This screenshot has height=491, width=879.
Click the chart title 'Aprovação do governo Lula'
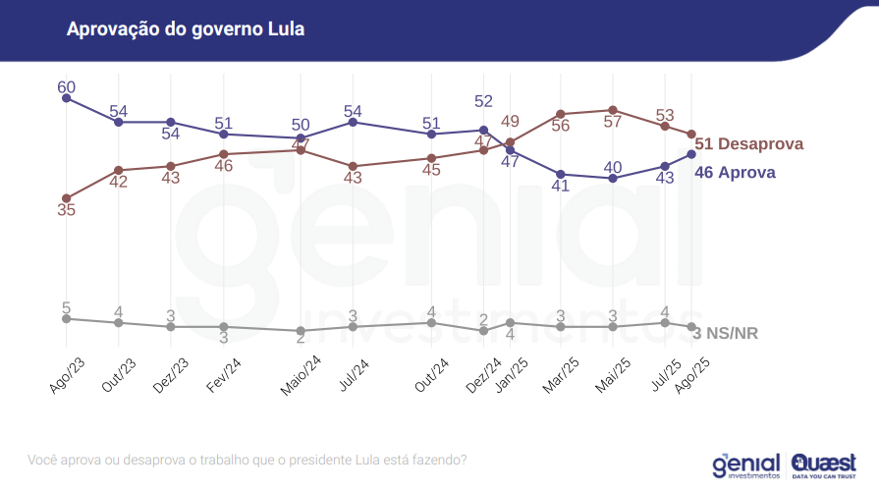(185, 28)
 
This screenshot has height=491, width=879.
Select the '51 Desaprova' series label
(749, 144)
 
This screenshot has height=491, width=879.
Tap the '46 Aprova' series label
(736, 173)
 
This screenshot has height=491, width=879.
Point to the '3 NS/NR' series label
(726, 334)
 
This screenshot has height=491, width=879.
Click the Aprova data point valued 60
(66, 98)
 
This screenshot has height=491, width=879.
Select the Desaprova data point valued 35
(66, 197)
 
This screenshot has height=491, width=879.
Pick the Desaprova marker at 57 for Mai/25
(613, 110)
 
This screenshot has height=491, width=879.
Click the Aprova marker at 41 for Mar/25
(561, 174)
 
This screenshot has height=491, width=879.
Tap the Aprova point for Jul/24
(353, 122)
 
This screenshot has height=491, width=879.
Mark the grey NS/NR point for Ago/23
(66, 318)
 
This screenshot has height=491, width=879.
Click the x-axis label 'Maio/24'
(301, 375)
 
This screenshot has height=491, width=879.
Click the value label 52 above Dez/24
(483, 101)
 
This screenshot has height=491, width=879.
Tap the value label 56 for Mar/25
(561, 126)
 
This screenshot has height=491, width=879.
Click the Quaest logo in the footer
(823, 464)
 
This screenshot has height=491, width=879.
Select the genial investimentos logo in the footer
(745, 464)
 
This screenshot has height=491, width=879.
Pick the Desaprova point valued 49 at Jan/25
(510, 142)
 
